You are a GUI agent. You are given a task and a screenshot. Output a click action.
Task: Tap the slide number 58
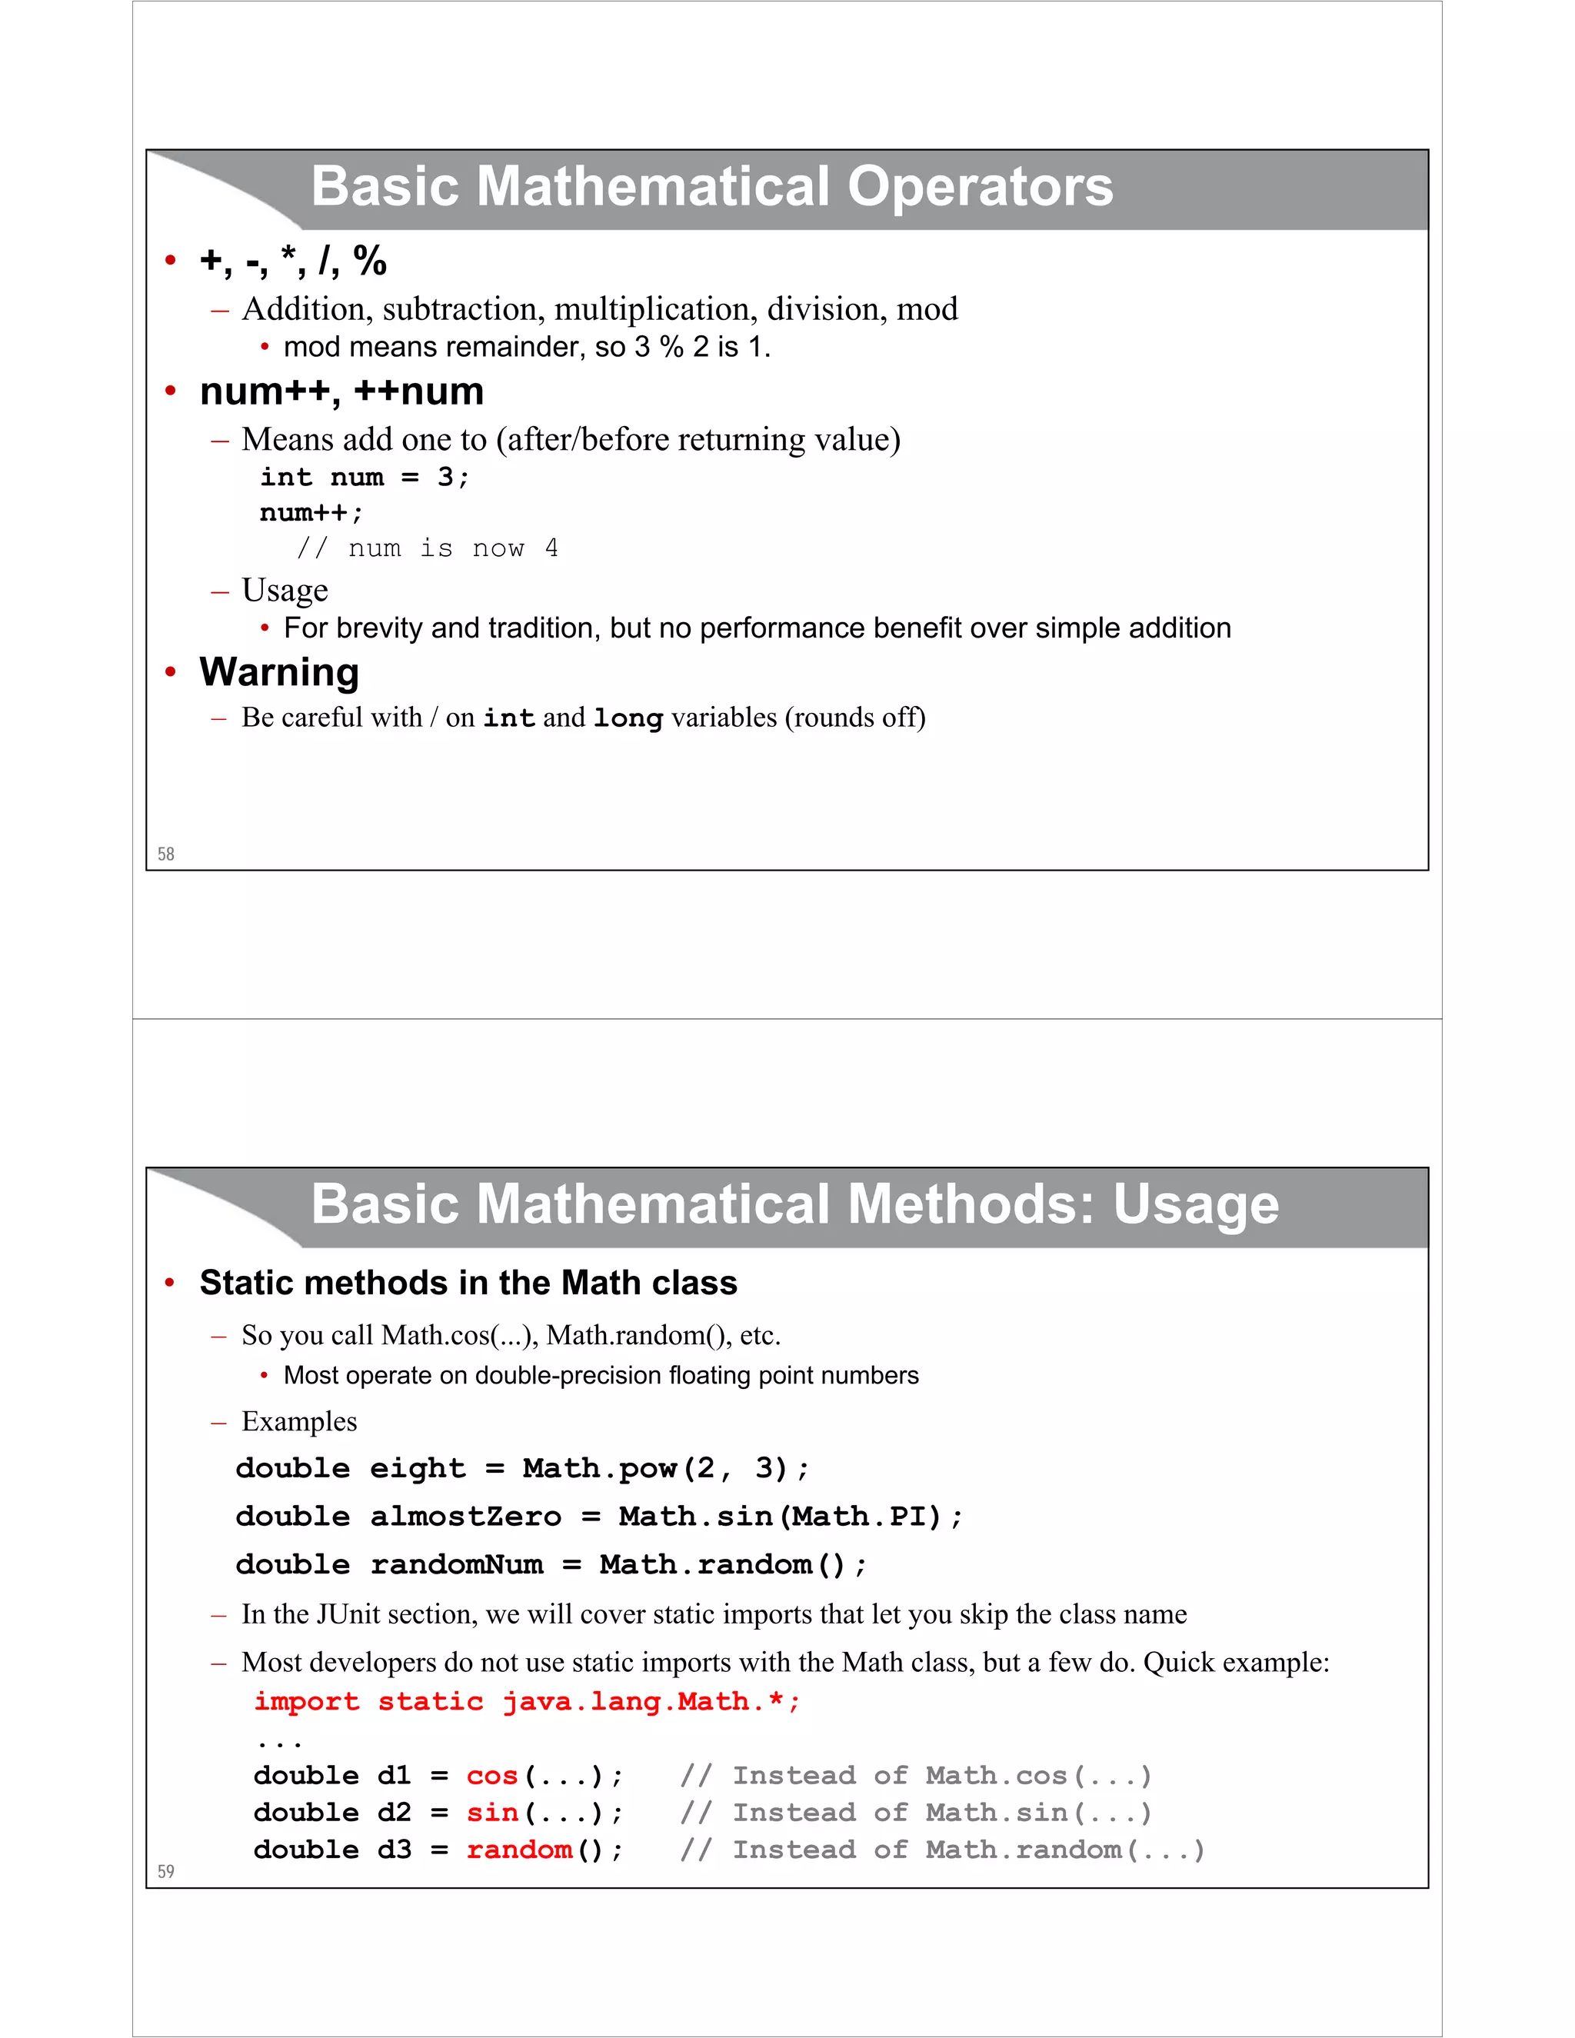(x=166, y=854)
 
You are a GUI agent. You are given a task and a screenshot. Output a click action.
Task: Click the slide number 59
(x=166, y=1871)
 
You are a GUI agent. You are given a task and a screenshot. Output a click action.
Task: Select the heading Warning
(x=279, y=672)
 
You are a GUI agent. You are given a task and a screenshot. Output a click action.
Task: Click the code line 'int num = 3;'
(x=364, y=477)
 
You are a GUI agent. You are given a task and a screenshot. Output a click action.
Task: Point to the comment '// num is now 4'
(x=428, y=548)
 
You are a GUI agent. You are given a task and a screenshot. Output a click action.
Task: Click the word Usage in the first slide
(x=285, y=590)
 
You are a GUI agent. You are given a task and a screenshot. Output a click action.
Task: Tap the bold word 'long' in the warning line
(x=628, y=718)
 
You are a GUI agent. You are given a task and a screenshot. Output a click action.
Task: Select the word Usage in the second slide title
(x=1195, y=1204)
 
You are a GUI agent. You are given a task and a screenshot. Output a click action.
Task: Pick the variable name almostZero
(x=465, y=1517)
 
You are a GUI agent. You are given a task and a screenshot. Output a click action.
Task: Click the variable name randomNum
(x=456, y=1565)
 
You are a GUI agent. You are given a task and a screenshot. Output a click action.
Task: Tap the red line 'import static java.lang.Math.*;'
(x=527, y=1701)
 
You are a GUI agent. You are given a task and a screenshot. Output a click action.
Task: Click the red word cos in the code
(x=491, y=1775)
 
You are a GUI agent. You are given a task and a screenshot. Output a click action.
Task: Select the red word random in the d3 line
(x=519, y=1850)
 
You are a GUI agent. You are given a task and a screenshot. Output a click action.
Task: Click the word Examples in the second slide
(x=298, y=1421)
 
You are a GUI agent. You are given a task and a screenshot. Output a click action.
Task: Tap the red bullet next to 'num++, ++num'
(x=170, y=392)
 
